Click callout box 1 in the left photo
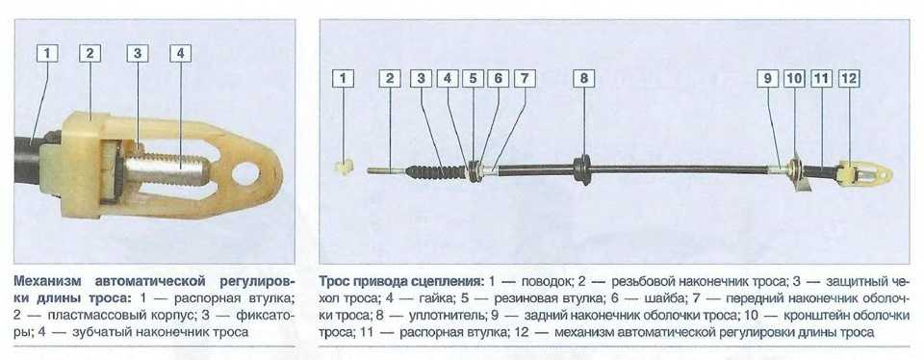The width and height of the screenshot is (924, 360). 47,54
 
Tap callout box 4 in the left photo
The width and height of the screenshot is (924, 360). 180,54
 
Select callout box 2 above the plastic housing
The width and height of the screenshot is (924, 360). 90,54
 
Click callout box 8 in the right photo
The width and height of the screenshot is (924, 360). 584,78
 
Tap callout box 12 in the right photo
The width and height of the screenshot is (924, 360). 850,78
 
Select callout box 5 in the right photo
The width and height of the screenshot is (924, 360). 473,78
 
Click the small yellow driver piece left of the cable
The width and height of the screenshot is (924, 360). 344,167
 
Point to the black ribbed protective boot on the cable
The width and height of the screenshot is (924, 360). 436,171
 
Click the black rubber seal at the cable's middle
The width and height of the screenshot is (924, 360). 582,169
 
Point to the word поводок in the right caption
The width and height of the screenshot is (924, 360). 542,279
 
